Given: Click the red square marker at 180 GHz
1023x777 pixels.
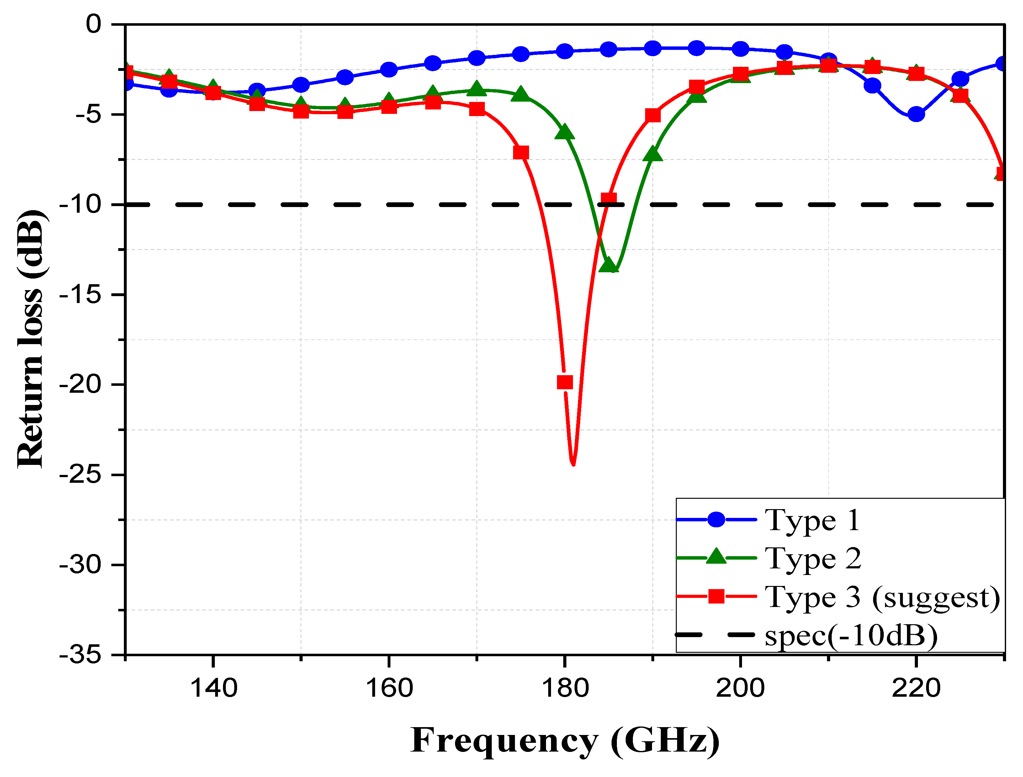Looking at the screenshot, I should pos(565,382).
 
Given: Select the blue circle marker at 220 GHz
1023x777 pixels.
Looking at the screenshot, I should pos(916,114).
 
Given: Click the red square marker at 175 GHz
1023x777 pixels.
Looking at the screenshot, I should pos(521,153).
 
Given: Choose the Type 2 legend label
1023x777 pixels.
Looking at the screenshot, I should pos(813,558).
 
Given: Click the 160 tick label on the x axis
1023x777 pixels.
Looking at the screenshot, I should pos(389,688).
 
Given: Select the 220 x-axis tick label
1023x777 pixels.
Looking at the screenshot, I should pos(916,688).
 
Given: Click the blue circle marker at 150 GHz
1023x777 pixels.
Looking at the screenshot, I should pos(301,85).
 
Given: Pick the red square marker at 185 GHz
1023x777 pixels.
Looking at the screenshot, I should pos(609,199).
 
